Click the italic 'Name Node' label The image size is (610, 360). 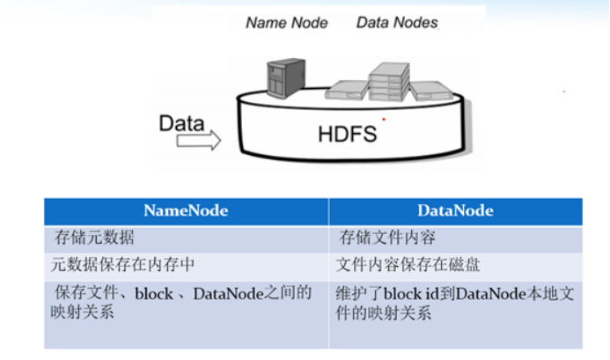coord(287,23)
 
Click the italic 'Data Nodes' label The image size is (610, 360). coord(397,23)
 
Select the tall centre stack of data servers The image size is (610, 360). coord(387,80)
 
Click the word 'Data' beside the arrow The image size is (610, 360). coord(181,122)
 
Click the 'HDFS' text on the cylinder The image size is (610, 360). coord(347,134)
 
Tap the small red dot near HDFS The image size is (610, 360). coord(383,119)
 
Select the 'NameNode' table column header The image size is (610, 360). coord(186,210)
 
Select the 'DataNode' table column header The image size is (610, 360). coord(456,210)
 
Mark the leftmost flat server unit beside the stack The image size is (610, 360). coord(345,88)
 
